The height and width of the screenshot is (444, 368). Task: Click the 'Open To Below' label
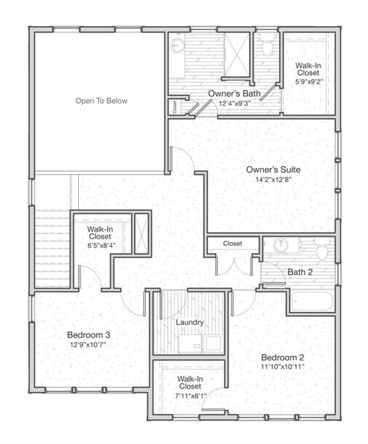click(x=101, y=100)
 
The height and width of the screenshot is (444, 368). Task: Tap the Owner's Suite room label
click(x=273, y=169)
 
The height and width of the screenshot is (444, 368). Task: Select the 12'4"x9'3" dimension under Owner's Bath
click(x=235, y=104)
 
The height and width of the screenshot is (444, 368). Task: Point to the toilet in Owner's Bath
click(x=267, y=47)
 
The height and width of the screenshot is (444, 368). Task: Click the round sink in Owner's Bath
click(x=178, y=45)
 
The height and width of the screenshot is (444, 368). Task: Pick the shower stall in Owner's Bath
click(x=237, y=54)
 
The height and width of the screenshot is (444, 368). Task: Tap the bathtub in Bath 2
click(x=312, y=302)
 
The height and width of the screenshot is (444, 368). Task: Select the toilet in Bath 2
click(x=322, y=249)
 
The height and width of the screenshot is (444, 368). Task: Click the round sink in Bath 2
click(x=281, y=245)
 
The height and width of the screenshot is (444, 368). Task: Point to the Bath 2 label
click(x=300, y=272)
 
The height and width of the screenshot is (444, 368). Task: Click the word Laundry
click(x=189, y=323)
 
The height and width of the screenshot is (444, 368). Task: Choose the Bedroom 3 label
click(x=89, y=335)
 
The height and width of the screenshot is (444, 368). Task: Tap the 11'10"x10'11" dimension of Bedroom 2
click(x=282, y=367)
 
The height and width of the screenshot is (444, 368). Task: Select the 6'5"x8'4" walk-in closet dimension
click(x=100, y=245)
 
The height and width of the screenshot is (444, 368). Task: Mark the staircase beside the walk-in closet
click(x=52, y=248)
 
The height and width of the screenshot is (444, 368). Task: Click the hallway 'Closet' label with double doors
click(x=232, y=244)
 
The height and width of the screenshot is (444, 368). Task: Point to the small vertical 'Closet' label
click(x=175, y=107)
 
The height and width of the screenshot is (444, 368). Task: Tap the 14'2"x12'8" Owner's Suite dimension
click(x=273, y=179)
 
